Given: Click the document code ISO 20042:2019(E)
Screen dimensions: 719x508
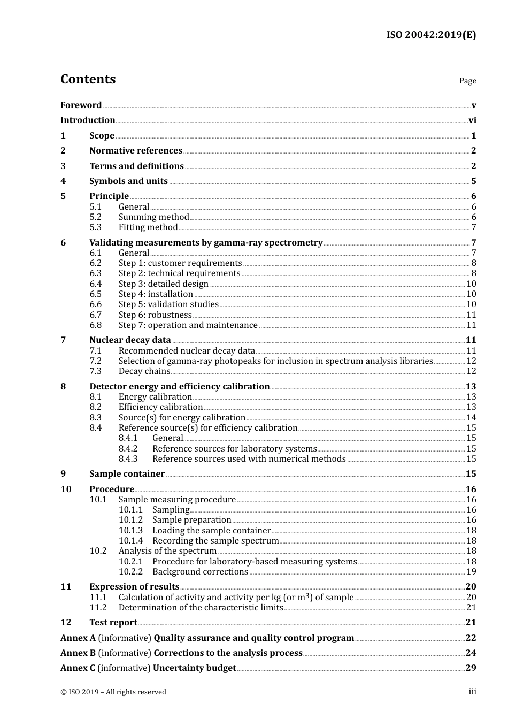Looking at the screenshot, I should (431, 35).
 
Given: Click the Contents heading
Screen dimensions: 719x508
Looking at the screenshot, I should (88, 79).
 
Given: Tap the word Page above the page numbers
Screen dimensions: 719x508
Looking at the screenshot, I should (467, 81).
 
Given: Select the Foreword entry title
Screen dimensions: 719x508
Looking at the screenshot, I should (81, 105).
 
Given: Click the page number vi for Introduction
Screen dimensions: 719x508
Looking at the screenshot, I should (472, 120).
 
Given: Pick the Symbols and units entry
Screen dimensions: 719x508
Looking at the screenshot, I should (128, 181).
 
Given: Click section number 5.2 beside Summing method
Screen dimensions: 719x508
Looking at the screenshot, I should (95, 217).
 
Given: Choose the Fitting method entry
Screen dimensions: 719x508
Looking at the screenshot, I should (148, 227).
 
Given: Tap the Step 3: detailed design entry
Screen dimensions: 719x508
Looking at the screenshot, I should (163, 284).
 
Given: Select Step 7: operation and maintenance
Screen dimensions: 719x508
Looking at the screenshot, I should (188, 325).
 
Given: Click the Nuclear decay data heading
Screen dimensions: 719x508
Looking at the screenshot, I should (130, 340).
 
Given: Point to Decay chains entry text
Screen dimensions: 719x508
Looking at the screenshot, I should (144, 371).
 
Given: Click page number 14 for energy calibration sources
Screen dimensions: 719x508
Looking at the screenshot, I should (471, 417).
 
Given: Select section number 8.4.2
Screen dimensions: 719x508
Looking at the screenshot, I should (128, 448).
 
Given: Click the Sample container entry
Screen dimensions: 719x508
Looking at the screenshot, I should (127, 473).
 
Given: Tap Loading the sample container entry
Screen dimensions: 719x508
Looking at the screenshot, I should (211, 530).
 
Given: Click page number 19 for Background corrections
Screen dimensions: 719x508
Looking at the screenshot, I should (471, 571).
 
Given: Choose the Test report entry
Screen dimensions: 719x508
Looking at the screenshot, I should (113, 622).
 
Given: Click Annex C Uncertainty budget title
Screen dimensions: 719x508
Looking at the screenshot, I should (148, 668).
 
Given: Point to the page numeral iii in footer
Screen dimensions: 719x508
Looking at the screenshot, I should (472, 692).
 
